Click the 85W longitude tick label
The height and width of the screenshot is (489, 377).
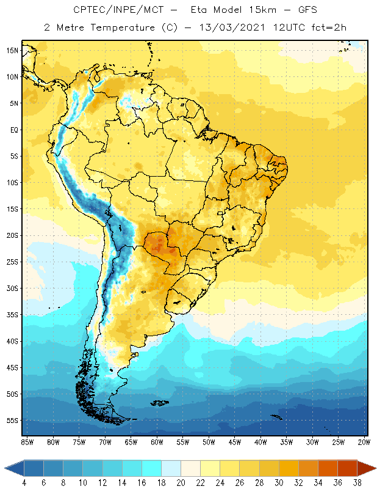coord(27,441)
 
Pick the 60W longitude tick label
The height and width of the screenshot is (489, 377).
coord(157,441)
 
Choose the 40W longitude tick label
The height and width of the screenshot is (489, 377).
coord(261,441)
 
